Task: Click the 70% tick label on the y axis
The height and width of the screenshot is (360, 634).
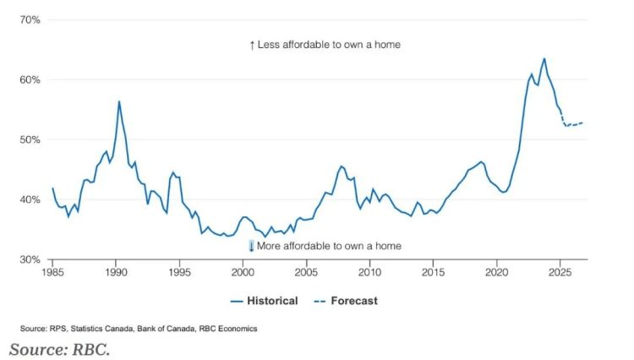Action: point(29,19)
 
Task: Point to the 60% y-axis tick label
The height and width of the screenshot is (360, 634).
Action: point(29,79)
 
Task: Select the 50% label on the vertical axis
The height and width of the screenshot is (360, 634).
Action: point(29,139)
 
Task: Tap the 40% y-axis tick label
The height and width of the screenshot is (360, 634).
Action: point(29,199)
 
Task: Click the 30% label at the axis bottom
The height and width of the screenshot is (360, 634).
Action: point(29,259)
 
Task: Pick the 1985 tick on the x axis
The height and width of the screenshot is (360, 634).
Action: point(52,273)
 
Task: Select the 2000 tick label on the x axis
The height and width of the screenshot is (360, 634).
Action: point(243,273)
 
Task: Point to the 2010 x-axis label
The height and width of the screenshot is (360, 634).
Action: point(369,273)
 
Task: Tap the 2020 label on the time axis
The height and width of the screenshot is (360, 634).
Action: point(496,273)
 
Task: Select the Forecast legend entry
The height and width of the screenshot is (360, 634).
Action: point(347,301)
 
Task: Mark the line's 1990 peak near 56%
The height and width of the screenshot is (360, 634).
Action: point(119,101)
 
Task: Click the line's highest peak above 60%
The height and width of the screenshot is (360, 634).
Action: point(544,59)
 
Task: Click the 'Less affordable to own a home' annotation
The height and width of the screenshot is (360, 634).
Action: point(325,44)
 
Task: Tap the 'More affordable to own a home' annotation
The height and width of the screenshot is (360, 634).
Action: point(325,246)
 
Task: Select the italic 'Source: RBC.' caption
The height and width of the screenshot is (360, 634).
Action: point(59,348)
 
